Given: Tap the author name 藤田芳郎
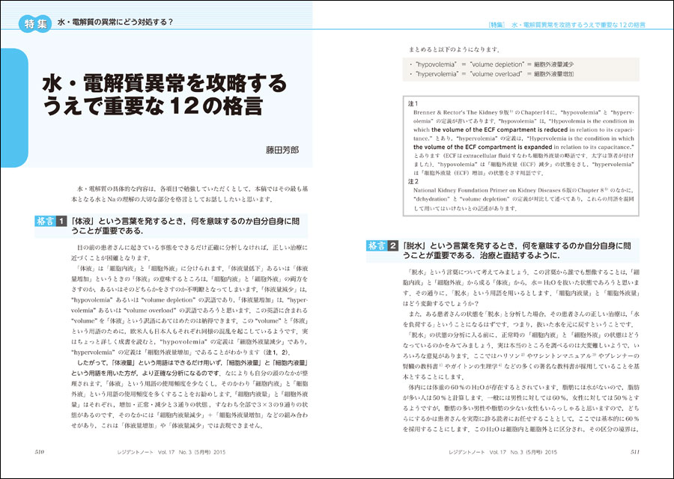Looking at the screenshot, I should coord(282,150).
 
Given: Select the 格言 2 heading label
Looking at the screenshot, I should coord(382,245).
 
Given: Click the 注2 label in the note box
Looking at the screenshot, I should coord(413,181).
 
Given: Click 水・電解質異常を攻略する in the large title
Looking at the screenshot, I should coord(164,81).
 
